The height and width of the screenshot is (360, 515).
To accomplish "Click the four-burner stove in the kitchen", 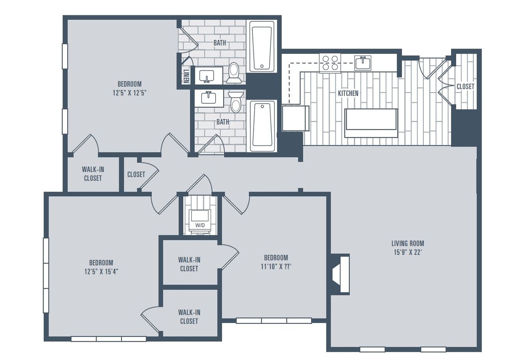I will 330,63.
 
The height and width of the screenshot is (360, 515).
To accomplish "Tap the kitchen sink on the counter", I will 363,63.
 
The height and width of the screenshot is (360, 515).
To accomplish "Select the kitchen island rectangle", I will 371,123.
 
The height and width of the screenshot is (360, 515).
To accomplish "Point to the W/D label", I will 200,225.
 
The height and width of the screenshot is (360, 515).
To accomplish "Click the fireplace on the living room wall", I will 340,274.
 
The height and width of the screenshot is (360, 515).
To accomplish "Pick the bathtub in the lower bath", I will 262,126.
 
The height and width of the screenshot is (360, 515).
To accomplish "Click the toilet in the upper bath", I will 234,73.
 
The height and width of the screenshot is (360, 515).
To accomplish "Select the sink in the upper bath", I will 208,76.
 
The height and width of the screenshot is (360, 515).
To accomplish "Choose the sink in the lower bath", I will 209,98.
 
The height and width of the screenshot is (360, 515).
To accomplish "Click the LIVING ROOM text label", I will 408,244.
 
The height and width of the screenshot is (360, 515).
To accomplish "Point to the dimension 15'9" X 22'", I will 408,252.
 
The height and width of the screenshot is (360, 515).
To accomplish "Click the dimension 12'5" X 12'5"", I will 130,92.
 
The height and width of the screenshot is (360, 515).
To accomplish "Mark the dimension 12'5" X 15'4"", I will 101,271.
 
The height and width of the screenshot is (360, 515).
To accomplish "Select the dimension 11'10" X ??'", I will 276,266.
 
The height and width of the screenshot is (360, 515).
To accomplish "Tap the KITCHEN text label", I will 348,93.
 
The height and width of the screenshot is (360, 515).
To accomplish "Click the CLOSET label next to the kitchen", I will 465,86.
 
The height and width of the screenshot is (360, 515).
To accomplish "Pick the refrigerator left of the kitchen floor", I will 295,118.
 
